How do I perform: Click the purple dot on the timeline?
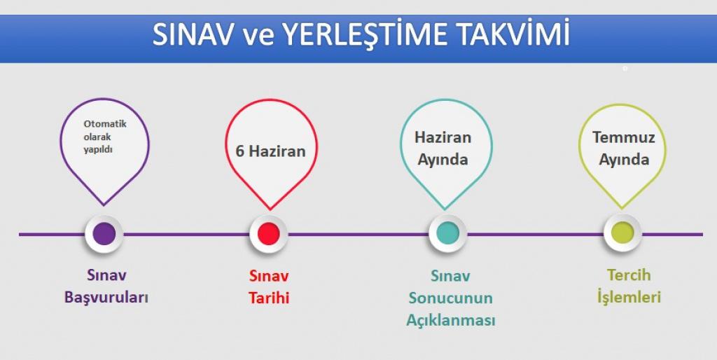104,234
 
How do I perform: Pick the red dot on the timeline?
268,234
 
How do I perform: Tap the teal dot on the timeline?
447,233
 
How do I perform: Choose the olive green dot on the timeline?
622,233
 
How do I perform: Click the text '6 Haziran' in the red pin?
270,151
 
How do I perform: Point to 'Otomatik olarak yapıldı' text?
105,137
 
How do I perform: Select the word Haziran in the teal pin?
443,137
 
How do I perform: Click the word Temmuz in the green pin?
624,137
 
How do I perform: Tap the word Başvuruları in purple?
106,298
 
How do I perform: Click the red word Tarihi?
269,298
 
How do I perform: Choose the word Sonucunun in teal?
450,298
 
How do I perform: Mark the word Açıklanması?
450,320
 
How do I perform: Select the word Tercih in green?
629,275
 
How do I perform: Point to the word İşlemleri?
629,297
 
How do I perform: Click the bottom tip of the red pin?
270,209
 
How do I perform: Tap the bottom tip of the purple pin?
104,205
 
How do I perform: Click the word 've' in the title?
258,36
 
